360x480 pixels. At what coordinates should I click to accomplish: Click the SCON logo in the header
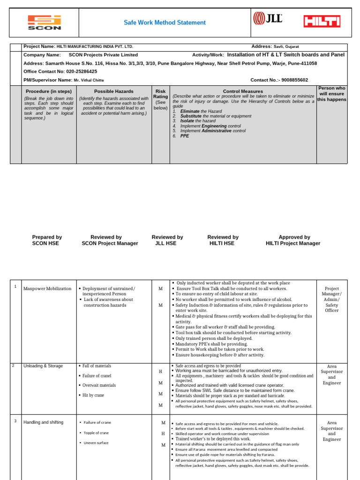point(45,22)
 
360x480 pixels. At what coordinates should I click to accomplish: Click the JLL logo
point(268,19)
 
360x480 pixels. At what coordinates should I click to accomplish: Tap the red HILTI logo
point(322,21)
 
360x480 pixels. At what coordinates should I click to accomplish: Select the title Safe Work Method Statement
point(165,22)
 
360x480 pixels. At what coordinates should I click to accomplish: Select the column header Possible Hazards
point(113,91)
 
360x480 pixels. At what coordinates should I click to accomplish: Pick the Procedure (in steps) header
point(49,91)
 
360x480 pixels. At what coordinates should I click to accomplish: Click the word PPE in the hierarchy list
point(185,136)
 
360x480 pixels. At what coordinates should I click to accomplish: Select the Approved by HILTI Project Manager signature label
point(293,240)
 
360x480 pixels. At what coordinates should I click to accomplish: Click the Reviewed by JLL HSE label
point(167,240)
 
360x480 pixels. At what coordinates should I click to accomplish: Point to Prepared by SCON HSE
point(47,240)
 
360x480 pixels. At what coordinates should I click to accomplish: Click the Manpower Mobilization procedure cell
point(47,289)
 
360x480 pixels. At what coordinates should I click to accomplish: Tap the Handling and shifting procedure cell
point(43,422)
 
